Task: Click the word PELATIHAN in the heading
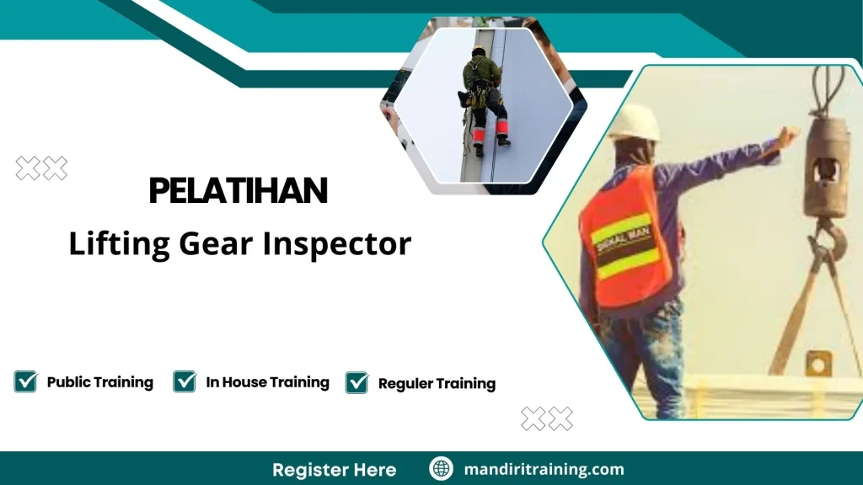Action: [x=238, y=192]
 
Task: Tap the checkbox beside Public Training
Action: [x=25, y=381]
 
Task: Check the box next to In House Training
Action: [x=185, y=381]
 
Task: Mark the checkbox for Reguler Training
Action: [x=356, y=382]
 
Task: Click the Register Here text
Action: [x=334, y=469]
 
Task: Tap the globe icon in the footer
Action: [x=441, y=469]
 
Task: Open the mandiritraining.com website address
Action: [x=544, y=469]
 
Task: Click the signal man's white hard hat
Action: [x=634, y=123]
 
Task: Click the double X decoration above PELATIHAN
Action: [x=41, y=169]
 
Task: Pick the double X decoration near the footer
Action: [x=546, y=418]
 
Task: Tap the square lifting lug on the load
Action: [x=817, y=364]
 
